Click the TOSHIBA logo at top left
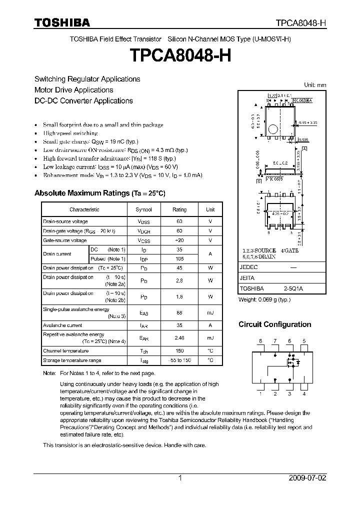tap(62, 22)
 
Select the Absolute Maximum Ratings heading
tap(99, 193)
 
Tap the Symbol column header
tap(144, 209)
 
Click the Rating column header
tap(179, 209)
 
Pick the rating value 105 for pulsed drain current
tap(179, 258)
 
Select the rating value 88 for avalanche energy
tap(179, 312)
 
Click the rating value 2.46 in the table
tap(179, 338)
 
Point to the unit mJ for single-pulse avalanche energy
tap(210, 312)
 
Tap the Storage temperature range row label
tap(72, 360)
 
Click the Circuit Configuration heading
tap(274, 324)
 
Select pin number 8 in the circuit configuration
tap(260, 341)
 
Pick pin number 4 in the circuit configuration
tap(304, 394)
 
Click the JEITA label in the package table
tap(247, 278)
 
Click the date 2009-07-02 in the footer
tap(307, 477)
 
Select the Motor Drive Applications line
tap(73, 90)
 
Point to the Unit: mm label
tap(315, 85)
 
